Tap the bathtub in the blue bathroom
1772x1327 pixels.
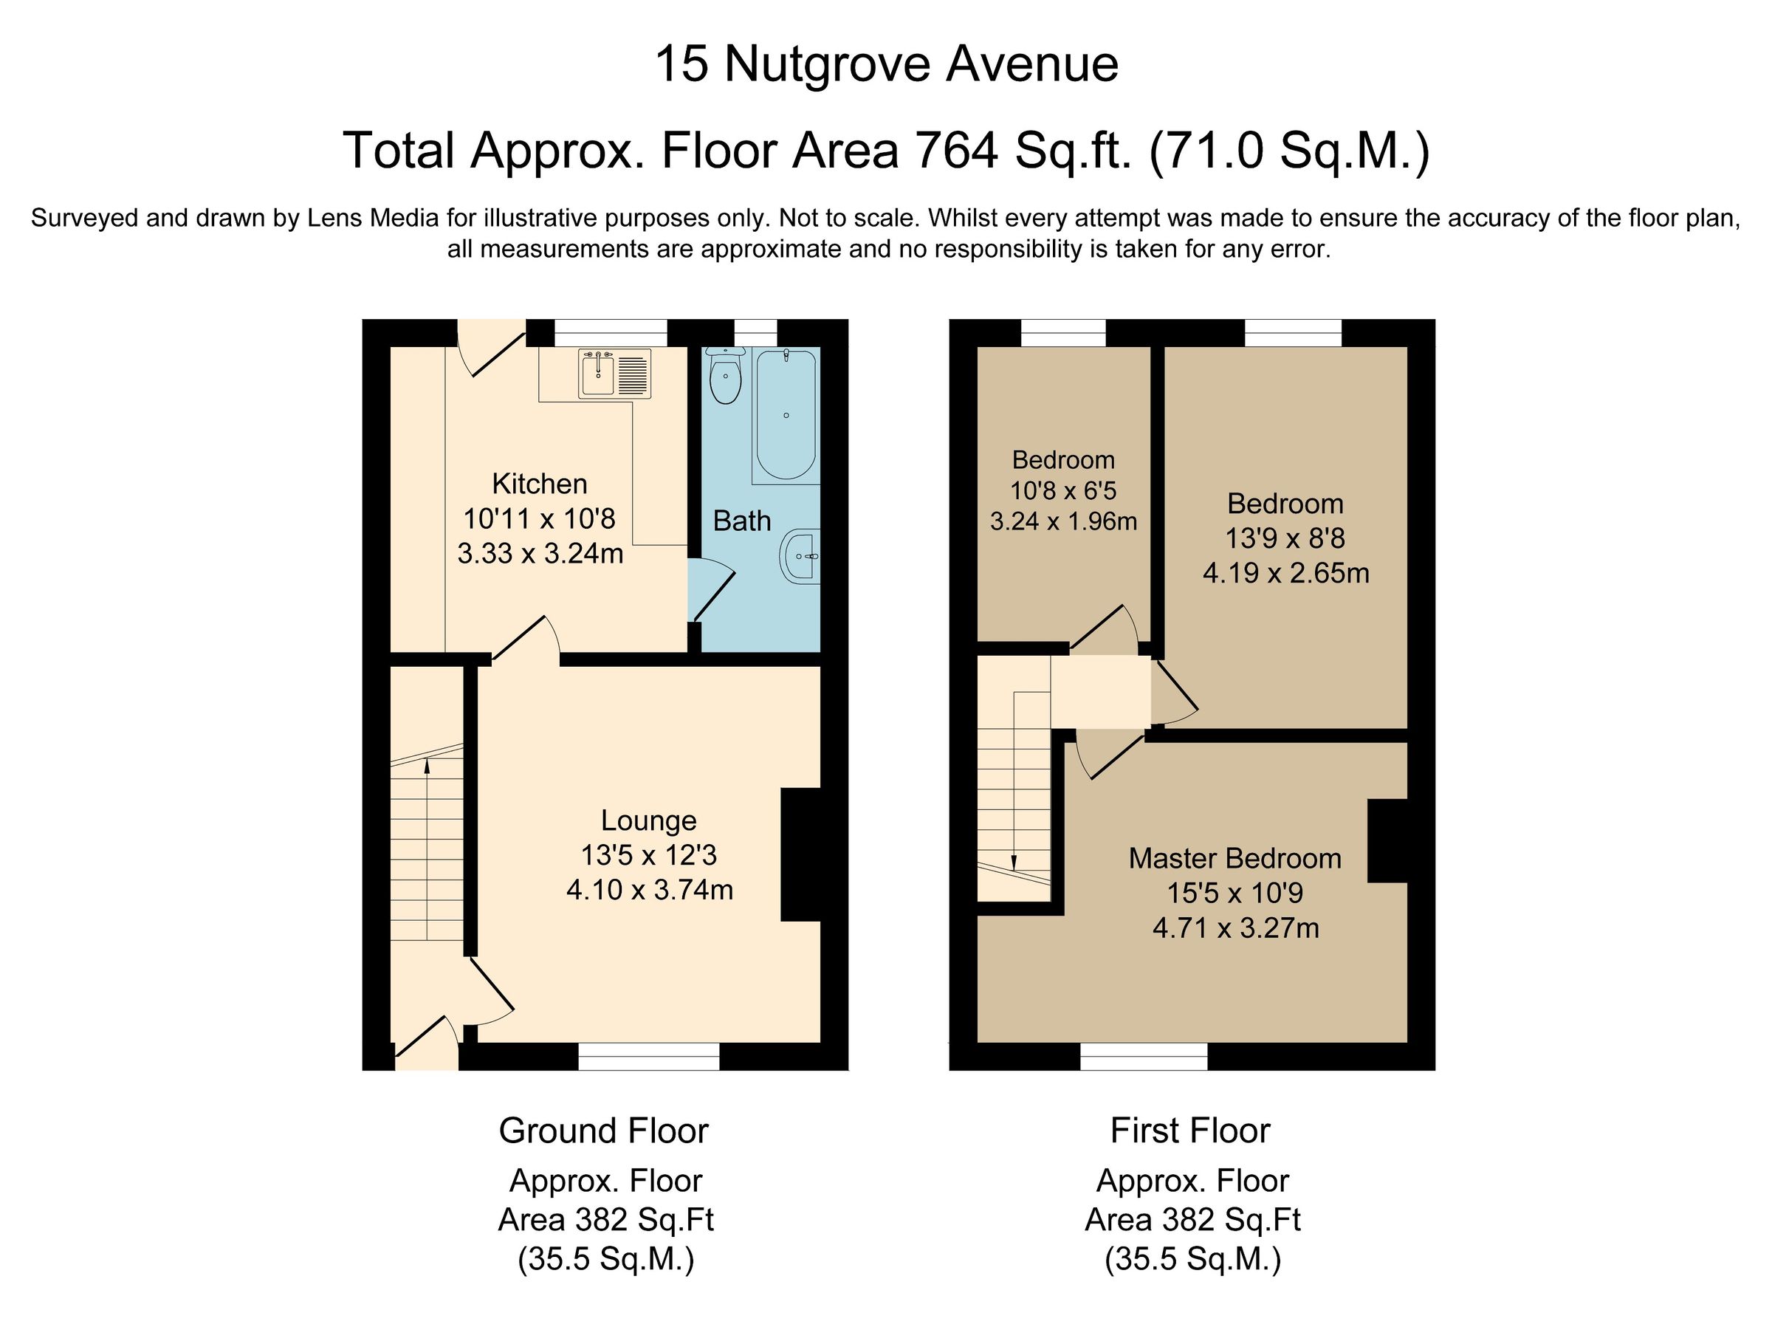pyautogui.click(x=785, y=415)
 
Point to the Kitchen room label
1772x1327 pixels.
pyautogui.click(x=539, y=484)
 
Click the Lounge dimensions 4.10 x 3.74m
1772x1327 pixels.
pyautogui.click(x=649, y=891)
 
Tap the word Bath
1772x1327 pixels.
pyautogui.click(x=741, y=521)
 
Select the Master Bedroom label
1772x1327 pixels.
pyautogui.click(x=1234, y=858)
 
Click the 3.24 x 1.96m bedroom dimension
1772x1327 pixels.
pyautogui.click(x=1063, y=521)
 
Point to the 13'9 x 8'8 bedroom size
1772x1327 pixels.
pyautogui.click(x=1285, y=538)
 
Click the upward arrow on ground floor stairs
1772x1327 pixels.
pyautogui.click(x=427, y=766)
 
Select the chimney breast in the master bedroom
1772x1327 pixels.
pyautogui.click(x=1387, y=840)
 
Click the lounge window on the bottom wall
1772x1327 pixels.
pyautogui.click(x=648, y=1056)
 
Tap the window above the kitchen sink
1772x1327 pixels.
pyautogui.click(x=611, y=332)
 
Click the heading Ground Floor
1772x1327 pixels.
pyautogui.click(x=603, y=1131)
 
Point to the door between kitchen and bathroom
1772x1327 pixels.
pyautogui.click(x=710, y=592)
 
